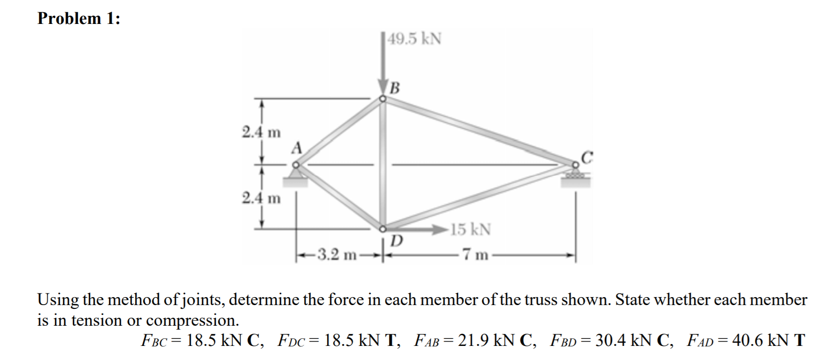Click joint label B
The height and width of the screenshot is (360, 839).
395,88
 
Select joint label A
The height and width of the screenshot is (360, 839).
296,148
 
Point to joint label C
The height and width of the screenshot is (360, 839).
587,157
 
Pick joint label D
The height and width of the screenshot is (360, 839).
397,241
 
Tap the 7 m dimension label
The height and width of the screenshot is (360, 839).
475,255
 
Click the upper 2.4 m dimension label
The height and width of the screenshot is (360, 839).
261,132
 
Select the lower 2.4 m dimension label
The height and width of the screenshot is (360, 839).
261,198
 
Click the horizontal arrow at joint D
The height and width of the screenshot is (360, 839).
417,230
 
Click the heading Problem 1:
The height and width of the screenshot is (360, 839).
79,18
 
